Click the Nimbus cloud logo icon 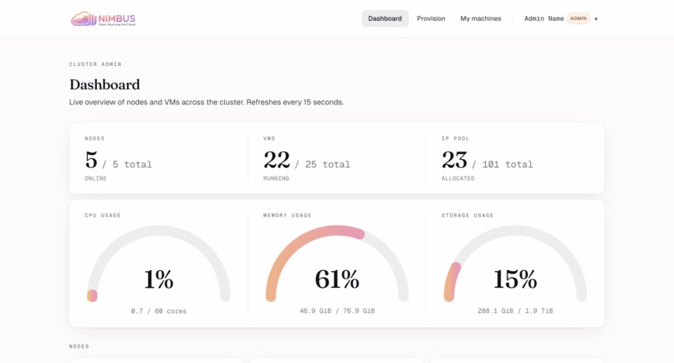pos(84,18)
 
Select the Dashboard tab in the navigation pos(385,18)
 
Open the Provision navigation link pos(431,18)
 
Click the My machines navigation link pos(481,18)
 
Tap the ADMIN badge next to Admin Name pos(579,18)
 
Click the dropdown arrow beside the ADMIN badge pos(596,19)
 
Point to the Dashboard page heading pos(105,84)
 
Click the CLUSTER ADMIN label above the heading pos(95,64)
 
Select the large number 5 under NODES pos(91,160)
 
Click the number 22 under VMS pos(277,160)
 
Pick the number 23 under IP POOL pos(455,160)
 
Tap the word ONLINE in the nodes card pos(95,178)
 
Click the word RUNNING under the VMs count pos(276,178)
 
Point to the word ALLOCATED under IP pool pos(458,178)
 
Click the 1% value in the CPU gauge pos(158,279)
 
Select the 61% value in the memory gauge pos(337,279)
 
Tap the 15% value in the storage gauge pos(515,279)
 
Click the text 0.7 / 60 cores pos(159,311)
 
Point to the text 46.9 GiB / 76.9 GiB pos(337,311)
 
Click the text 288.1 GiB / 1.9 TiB pos(515,311)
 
